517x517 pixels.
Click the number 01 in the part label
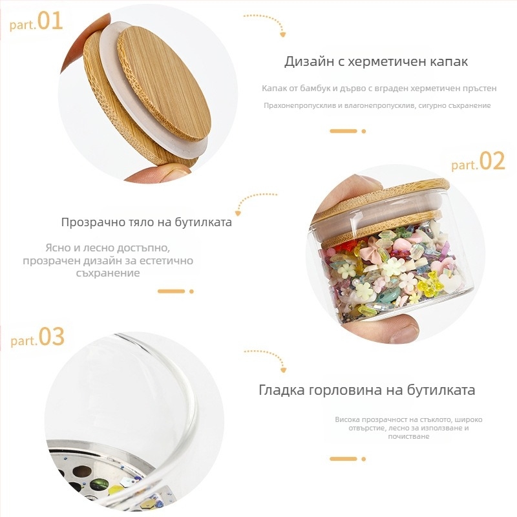tap(50, 21)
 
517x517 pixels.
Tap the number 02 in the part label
tap(492, 161)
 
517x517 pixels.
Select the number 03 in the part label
tap(52, 337)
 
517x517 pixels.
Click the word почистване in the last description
tap(408, 437)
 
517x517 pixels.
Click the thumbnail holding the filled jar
tap(401, 328)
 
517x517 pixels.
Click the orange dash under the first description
tap(343, 131)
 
